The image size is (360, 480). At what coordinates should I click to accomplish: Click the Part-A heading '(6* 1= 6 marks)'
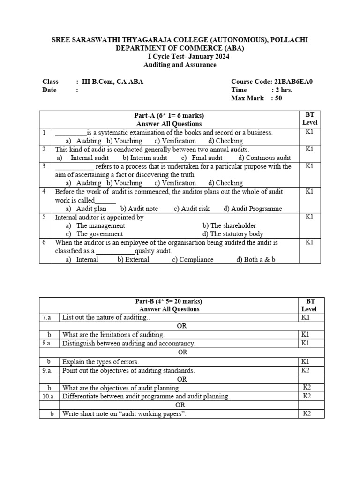pyautogui.click(x=179, y=116)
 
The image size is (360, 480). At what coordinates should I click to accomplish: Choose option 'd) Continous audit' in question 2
pyautogui.click(x=264, y=158)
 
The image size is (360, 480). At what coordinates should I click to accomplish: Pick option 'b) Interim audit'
pyautogui.click(x=145, y=158)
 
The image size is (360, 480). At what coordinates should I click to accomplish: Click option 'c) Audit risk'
pyautogui.click(x=192, y=209)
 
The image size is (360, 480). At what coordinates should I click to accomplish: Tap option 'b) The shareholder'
pyautogui.click(x=229, y=225)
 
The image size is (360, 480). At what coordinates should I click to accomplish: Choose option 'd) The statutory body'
pyautogui.click(x=233, y=234)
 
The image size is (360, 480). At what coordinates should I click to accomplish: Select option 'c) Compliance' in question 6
pyautogui.click(x=193, y=259)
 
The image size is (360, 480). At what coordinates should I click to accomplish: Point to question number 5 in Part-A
pyautogui.click(x=44, y=217)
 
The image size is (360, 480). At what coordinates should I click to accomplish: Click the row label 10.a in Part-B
pyautogui.click(x=49, y=396)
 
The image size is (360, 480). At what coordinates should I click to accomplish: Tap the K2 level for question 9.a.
pyautogui.click(x=307, y=370)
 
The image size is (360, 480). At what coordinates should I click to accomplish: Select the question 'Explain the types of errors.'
pyautogui.click(x=101, y=361)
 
